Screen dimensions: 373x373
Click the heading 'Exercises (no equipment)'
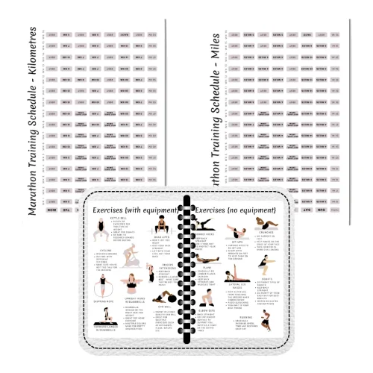pos(236,211)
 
